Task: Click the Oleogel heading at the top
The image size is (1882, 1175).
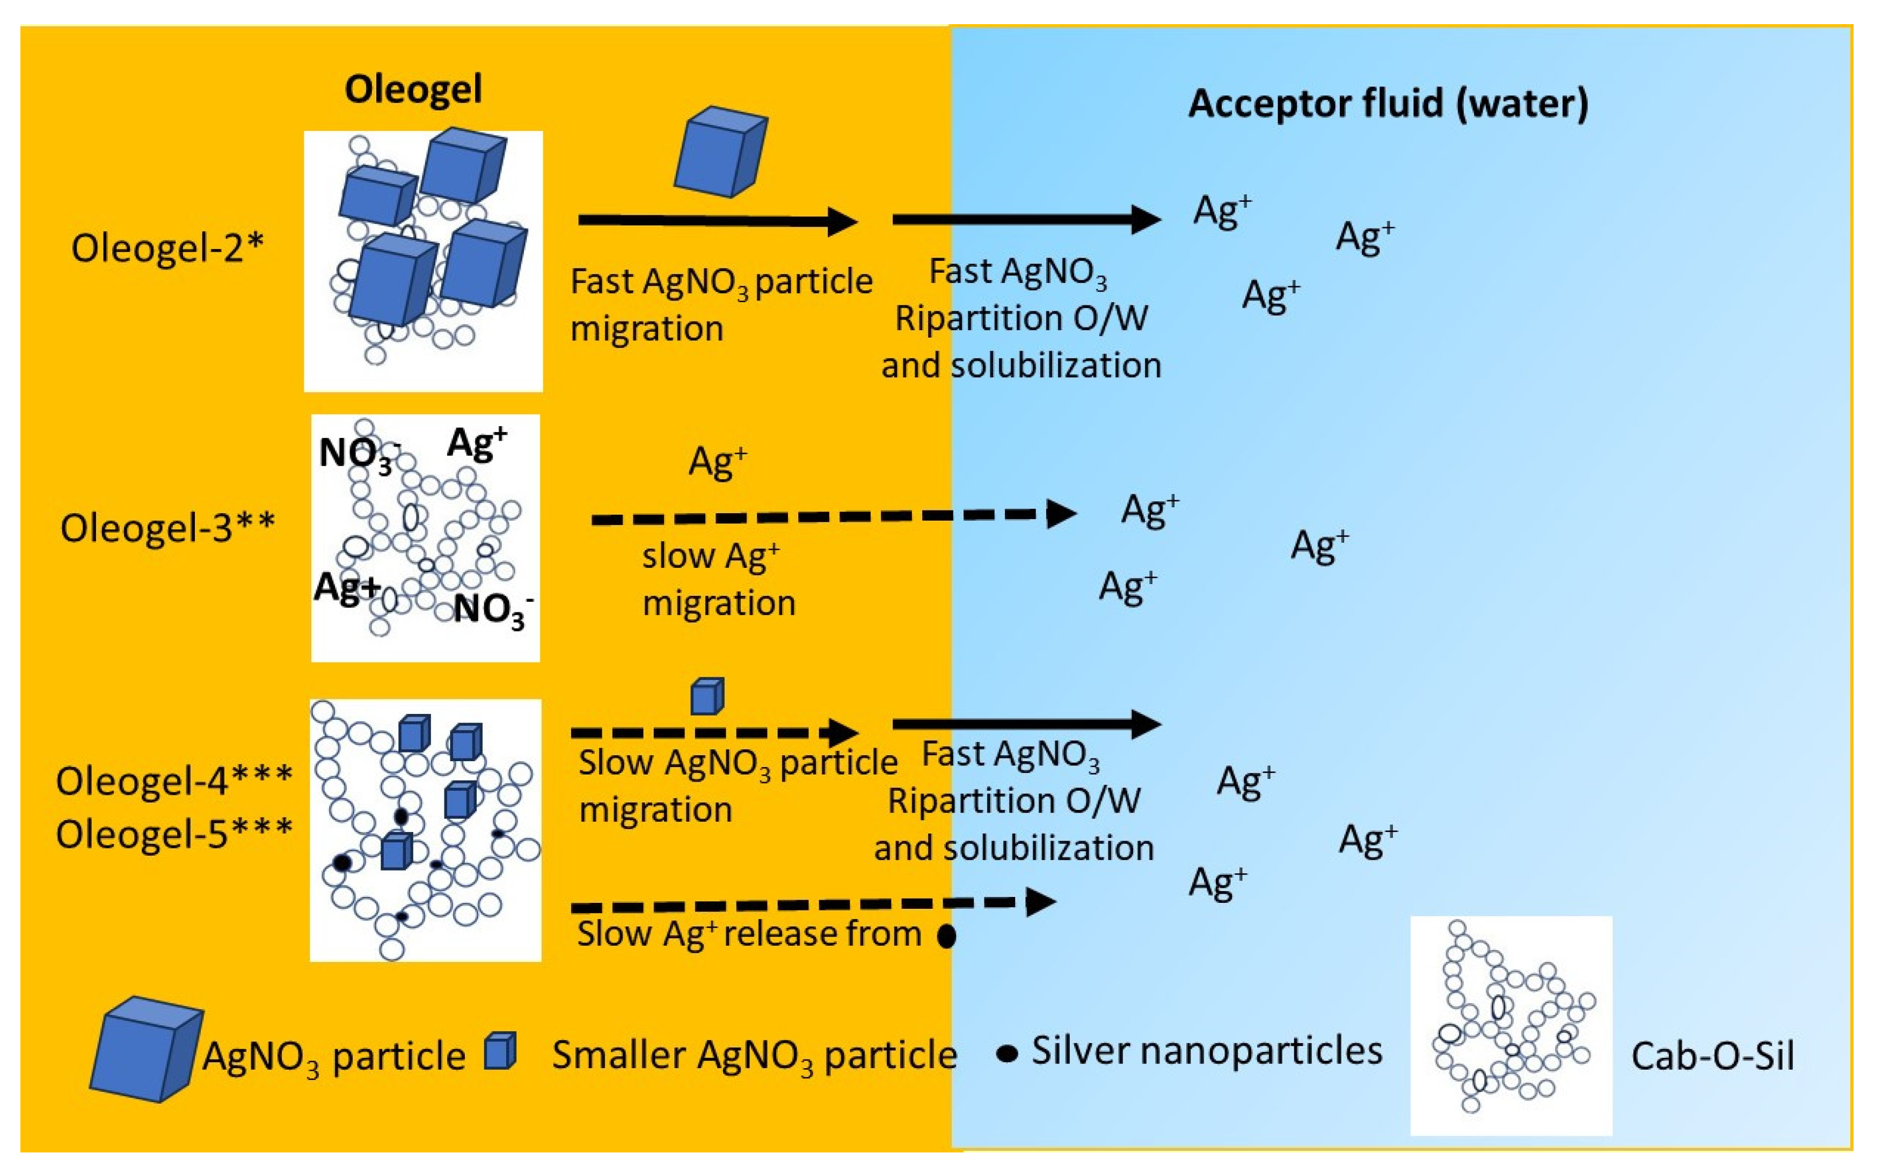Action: click(413, 89)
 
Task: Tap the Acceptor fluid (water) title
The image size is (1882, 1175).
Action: click(1388, 104)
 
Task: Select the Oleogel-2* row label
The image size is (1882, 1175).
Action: click(167, 249)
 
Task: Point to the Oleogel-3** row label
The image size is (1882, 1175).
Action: click(167, 528)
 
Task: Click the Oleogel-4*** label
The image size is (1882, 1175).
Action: click(174, 781)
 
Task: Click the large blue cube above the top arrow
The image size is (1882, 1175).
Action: click(720, 152)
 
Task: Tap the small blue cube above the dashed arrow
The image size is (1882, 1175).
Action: click(707, 696)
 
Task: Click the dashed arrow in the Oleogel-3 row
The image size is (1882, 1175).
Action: click(831, 516)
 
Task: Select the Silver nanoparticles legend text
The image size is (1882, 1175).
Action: click(1207, 1052)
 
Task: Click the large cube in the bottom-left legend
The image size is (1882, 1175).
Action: click(145, 1049)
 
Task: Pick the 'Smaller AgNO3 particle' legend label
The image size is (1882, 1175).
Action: click(754, 1056)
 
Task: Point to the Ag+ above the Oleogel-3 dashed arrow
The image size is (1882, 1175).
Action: click(717, 462)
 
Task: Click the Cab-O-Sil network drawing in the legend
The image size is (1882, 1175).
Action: click(1510, 1024)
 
